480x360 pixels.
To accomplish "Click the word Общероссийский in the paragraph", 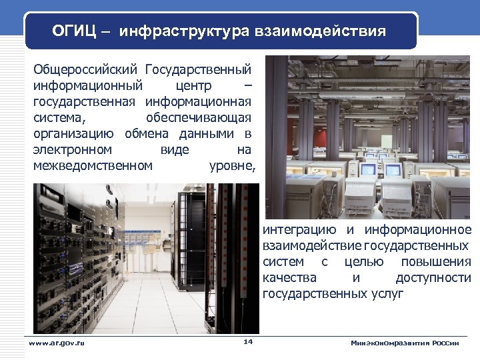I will [x=85, y=70].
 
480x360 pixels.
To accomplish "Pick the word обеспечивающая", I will [x=199, y=118].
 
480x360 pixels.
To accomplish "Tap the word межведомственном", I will [x=93, y=165].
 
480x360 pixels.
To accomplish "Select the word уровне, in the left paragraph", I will [x=232, y=165].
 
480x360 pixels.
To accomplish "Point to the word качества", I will [x=290, y=278].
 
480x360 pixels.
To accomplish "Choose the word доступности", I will [x=433, y=278].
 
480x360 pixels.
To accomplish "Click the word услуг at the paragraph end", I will [x=387, y=294].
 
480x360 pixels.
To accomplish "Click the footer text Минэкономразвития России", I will [x=405, y=343].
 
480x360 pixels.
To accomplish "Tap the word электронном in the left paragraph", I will [x=73, y=149].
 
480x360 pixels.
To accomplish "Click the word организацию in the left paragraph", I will [x=74, y=133].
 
